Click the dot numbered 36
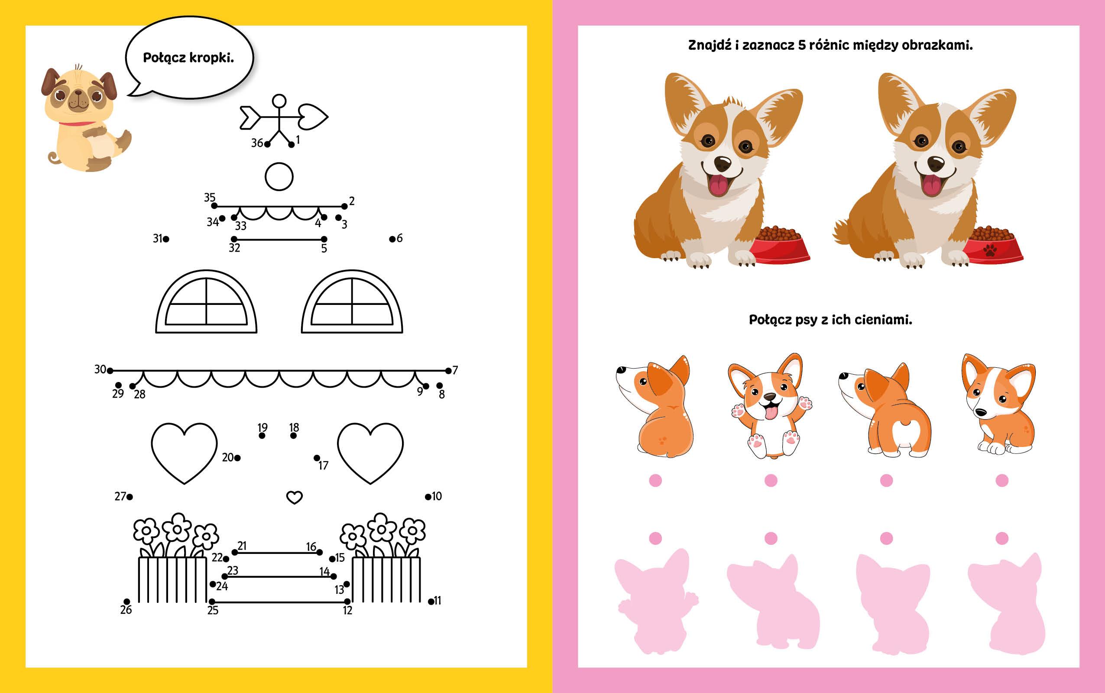pyautogui.click(x=267, y=144)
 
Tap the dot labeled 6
pyautogui.click(x=392, y=239)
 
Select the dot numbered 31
pyautogui.click(x=166, y=239)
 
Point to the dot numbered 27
pyautogui.click(x=130, y=496)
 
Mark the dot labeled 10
pyautogui.click(x=428, y=496)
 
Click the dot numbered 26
pyautogui.click(x=126, y=601)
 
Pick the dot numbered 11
pyautogui.click(x=431, y=601)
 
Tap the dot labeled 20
pyautogui.click(x=237, y=457)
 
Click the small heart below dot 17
pyautogui.click(x=294, y=497)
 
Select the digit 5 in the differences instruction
pyautogui.click(x=802, y=45)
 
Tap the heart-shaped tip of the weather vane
pyautogui.click(x=313, y=117)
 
